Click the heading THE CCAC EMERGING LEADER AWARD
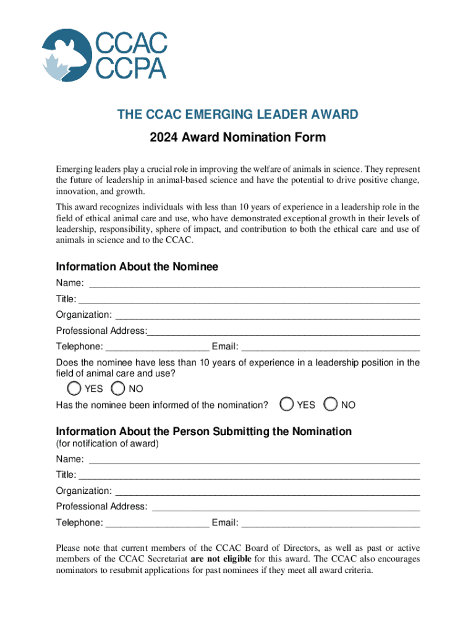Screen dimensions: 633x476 tap(238, 114)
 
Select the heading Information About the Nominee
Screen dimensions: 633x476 tap(137, 267)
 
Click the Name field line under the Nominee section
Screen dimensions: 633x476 tap(254, 284)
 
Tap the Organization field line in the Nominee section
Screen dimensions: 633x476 tap(267, 315)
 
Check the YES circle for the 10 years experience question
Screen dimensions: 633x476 tap(74, 388)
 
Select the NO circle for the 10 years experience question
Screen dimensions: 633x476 tap(118, 388)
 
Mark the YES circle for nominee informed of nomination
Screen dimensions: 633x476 tap(286, 404)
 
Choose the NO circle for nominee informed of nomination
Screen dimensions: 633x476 tap(331, 404)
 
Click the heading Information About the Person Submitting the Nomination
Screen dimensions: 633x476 tap(203, 431)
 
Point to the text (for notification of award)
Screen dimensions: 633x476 tap(107, 444)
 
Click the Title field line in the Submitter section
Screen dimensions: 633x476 tap(249, 476)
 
